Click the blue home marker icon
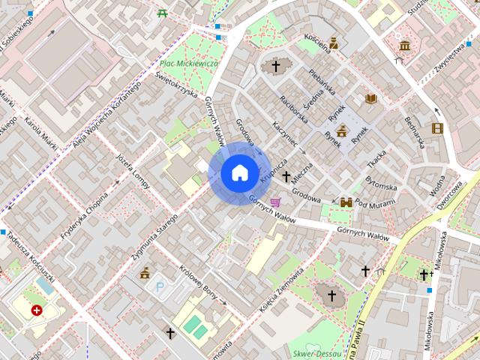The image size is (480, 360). click(x=239, y=173)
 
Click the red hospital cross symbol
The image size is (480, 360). click(x=37, y=310)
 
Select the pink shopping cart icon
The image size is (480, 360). click(x=276, y=201)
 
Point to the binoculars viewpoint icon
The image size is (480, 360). click(x=346, y=202)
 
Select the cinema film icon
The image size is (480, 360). click(x=437, y=129)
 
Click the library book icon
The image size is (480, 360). click(x=370, y=98)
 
